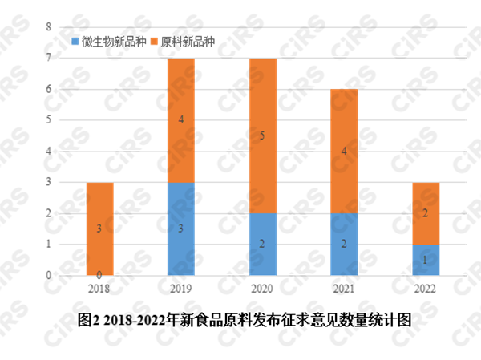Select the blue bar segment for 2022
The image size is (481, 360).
pos(426,260)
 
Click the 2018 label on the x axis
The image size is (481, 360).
pos(99,289)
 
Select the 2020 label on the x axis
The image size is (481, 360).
pos(263,289)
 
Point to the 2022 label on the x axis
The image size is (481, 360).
pos(426,289)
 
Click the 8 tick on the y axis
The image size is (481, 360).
pos(48,27)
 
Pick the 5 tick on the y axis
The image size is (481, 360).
pos(48,120)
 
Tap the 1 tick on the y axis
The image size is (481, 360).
pos(48,245)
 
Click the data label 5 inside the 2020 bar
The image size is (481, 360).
pos(262,136)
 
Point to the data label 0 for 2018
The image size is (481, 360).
pos(99,274)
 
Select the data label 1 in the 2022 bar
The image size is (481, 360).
pos(426,260)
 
